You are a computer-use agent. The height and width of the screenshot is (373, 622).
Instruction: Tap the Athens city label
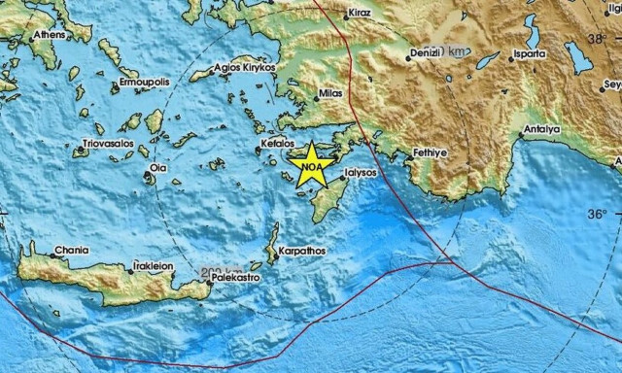click(50, 36)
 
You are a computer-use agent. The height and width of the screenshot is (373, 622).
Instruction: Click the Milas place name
click(331, 98)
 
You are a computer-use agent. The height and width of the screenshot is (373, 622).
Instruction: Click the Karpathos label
click(303, 251)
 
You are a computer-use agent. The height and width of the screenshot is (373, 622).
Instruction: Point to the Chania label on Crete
click(71, 250)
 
